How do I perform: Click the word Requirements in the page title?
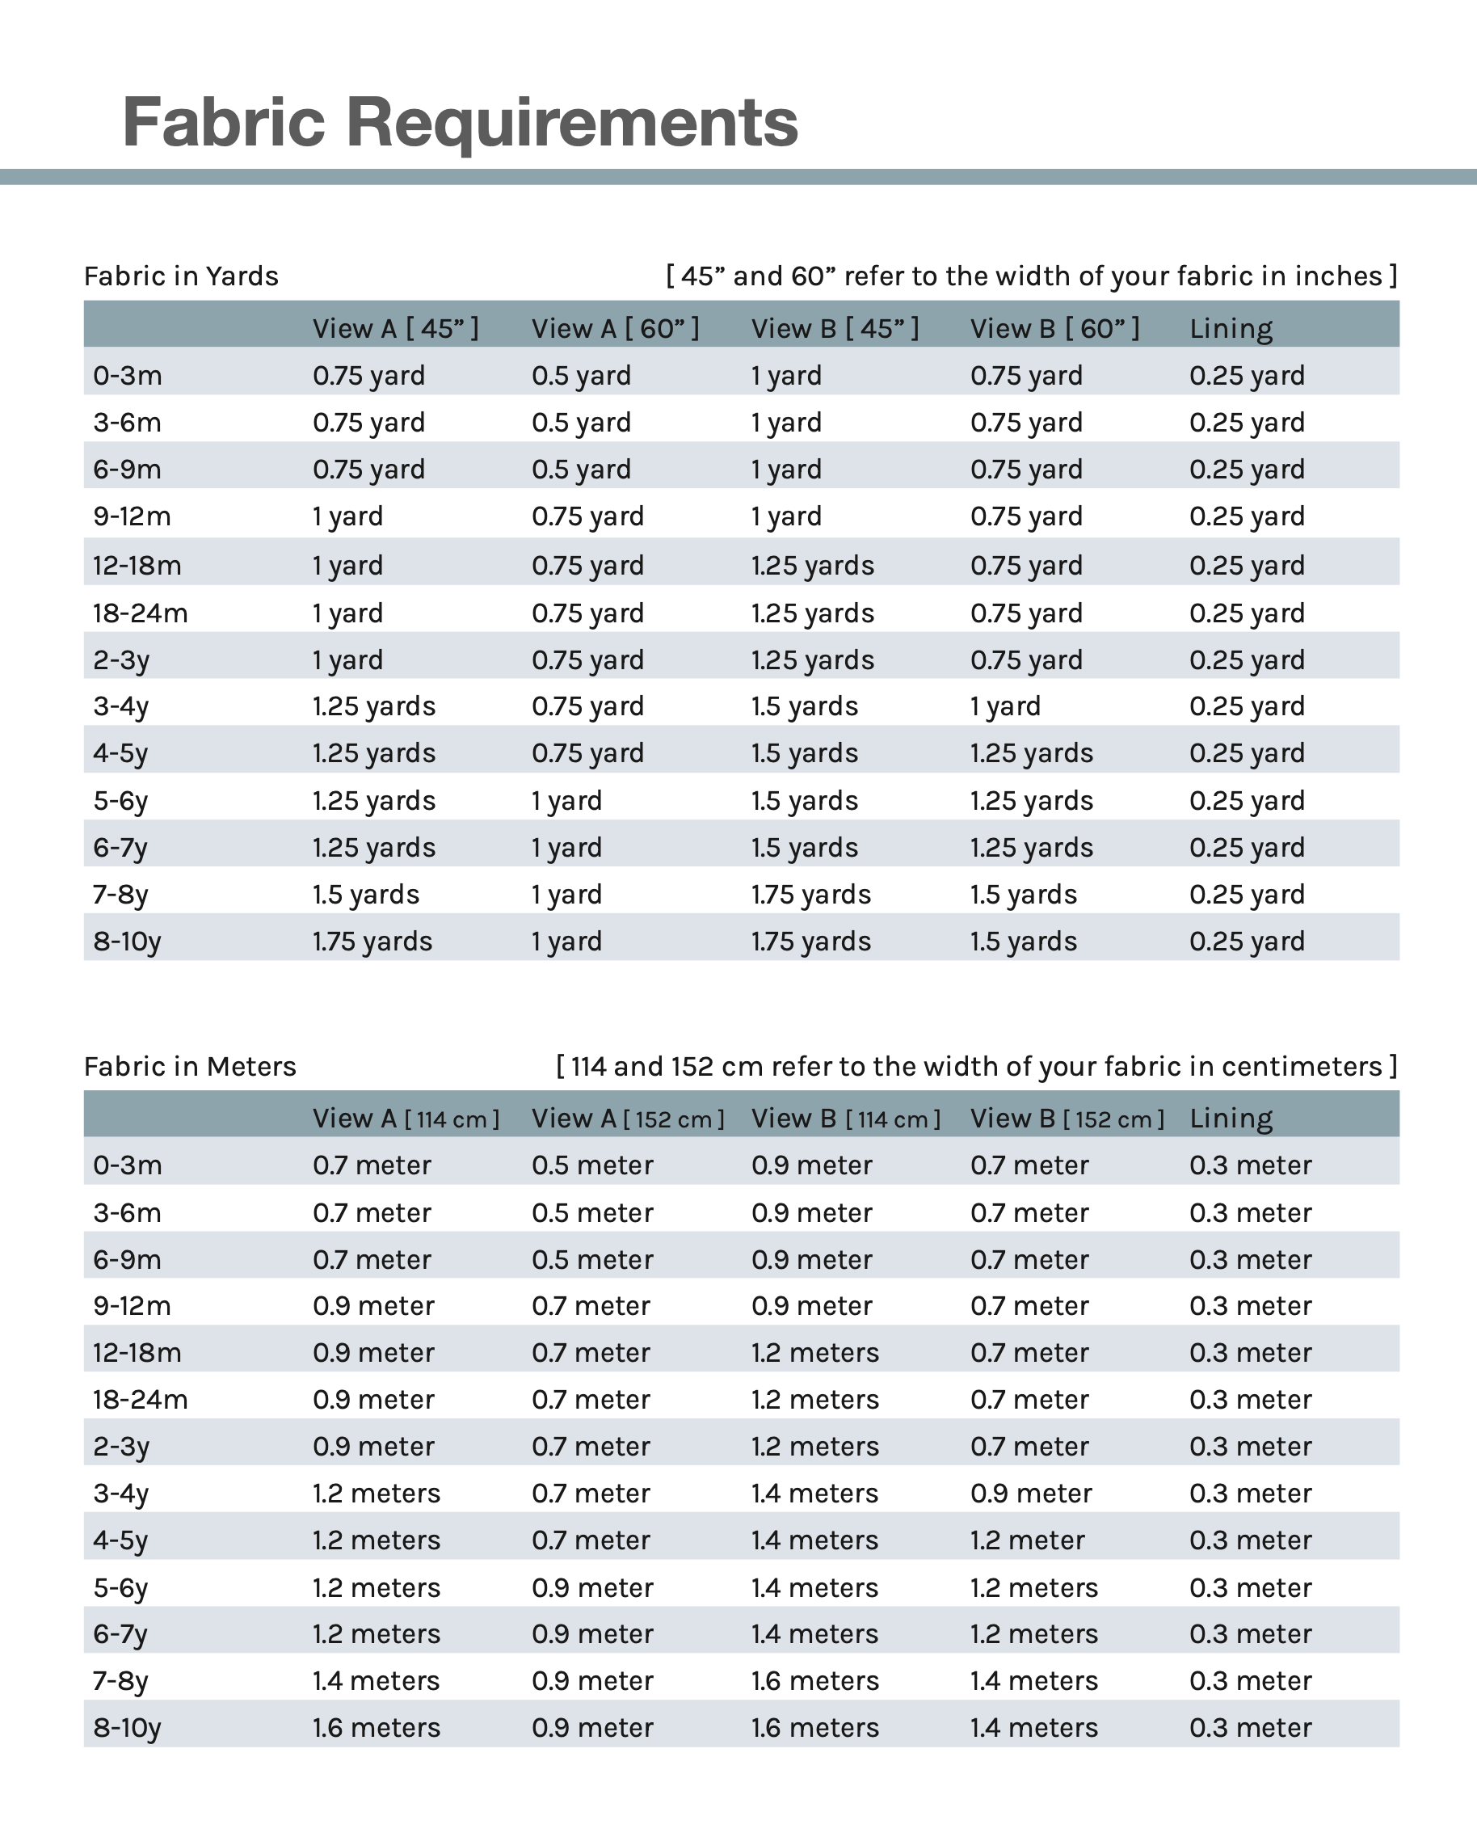572,122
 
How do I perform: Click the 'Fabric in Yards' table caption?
180,276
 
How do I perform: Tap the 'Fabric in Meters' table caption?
190,1066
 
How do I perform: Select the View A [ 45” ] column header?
395,328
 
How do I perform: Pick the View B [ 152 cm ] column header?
1067,1119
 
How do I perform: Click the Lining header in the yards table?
1231,328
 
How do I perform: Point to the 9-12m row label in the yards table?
132,516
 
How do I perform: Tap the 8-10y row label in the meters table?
127,1727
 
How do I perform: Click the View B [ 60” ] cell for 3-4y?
1005,706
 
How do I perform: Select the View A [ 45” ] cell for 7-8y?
366,895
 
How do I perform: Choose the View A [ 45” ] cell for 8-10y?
372,942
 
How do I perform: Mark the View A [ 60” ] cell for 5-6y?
566,801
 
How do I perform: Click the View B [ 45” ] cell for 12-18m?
812,566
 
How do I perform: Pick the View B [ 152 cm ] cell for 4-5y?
1027,1540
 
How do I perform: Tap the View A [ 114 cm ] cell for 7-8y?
375,1681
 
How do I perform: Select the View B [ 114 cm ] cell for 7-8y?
814,1681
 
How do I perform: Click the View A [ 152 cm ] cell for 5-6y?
592,1588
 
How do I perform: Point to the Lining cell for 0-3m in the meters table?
1250,1165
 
